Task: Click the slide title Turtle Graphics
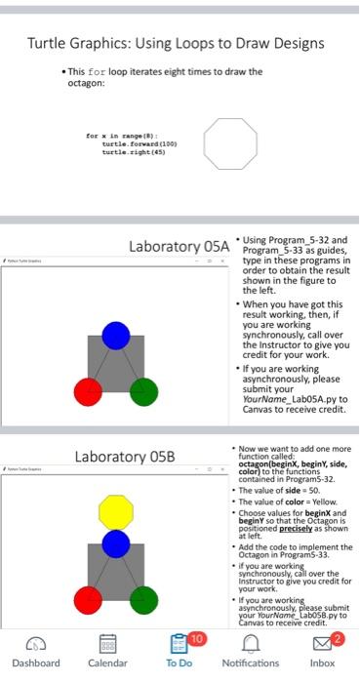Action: click(176, 43)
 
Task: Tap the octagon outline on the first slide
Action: click(229, 143)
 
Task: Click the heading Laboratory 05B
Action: click(125, 456)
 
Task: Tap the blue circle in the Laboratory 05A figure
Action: click(116, 335)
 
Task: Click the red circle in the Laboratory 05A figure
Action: click(88, 391)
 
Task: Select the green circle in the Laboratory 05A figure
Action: click(143, 391)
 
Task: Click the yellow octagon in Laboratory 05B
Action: click(116, 510)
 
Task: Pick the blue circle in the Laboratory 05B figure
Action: click(116, 543)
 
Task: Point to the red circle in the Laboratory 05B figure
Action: click(88, 599)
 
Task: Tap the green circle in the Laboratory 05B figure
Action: click(143, 599)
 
